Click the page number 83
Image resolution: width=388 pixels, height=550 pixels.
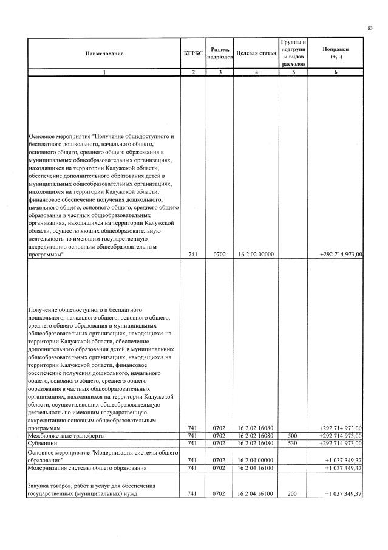(370, 28)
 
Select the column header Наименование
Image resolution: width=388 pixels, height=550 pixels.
(104, 53)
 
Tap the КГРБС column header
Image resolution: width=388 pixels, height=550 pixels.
(192, 53)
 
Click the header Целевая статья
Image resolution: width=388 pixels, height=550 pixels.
(256, 53)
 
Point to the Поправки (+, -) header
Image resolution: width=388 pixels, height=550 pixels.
(335, 53)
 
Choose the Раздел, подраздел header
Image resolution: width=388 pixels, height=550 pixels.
(219, 53)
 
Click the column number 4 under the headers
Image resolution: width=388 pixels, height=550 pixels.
(256, 72)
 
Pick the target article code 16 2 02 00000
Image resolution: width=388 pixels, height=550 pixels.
(256, 255)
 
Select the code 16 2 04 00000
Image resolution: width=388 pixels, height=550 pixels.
(256, 460)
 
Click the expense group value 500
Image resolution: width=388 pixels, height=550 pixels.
(293, 436)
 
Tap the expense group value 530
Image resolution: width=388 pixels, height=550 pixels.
(293, 444)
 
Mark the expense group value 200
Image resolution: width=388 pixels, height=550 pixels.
(293, 494)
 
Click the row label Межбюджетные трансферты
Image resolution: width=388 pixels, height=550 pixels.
(67, 436)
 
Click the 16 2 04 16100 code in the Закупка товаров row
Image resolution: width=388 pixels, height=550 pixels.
(256, 494)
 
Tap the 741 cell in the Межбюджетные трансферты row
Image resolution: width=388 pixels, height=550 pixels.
(192, 436)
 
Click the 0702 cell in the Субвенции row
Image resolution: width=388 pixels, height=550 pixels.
(219, 444)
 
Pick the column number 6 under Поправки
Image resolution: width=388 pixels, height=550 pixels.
(335, 72)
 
